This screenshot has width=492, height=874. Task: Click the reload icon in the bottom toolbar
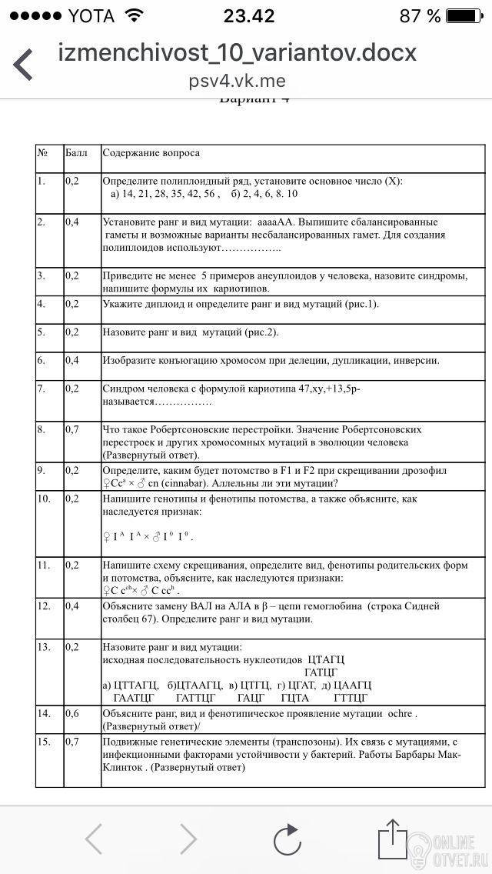click(x=288, y=839)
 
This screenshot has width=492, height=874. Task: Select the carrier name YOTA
click(x=91, y=16)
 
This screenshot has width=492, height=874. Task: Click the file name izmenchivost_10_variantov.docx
click(x=238, y=52)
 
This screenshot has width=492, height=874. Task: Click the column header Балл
click(x=76, y=153)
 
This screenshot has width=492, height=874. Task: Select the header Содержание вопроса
click(x=151, y=153)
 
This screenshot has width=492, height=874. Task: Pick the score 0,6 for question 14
click(x=72, y=714)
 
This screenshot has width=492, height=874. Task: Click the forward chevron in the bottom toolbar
click(x=188, y=839)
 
